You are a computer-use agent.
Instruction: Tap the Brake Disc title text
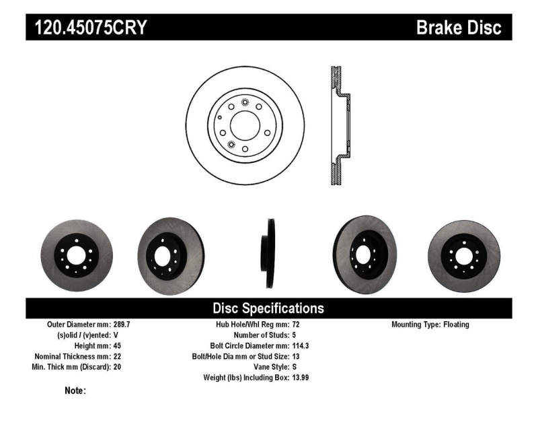(459, 28)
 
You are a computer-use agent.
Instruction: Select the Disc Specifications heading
(268, 308)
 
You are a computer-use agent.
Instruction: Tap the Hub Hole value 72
(295, 325)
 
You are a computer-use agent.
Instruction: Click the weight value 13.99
(301, 378)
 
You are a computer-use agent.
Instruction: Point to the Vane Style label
(266, 368)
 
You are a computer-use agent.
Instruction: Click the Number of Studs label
(260, 335)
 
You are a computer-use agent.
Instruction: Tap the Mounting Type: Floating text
(430, 325)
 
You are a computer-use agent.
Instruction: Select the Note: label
(75, 391)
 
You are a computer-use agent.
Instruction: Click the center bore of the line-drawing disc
(244, 125)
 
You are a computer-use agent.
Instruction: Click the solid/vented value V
(116, 335)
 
